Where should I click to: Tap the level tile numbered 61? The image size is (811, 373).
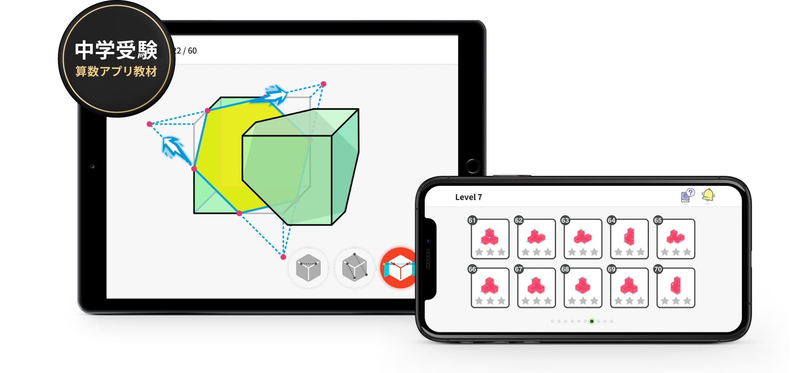pos(490,239)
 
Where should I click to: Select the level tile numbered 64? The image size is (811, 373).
pos(629,239)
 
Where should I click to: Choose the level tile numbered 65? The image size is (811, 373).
pos(676,239)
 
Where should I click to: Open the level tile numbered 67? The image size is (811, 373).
pos(536,287)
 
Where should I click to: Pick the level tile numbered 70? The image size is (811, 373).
pos(676,287)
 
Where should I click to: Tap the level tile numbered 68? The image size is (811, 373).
pos(583,287)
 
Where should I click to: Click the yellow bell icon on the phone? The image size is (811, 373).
pos(708,195)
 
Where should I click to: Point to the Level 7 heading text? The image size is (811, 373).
pos(468,197)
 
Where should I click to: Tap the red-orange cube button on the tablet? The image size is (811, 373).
pos(399,268)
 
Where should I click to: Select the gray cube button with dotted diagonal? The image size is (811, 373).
pos(354,268)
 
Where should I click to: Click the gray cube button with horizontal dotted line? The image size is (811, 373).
pos(308,268)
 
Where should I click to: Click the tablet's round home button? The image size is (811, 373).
pos(472,166)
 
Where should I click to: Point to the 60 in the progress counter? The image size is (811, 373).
pos(192,51)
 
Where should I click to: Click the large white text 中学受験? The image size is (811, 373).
pos(116,50)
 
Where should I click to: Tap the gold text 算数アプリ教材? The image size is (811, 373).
pos(116,71)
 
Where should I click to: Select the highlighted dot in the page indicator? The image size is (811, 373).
pos(592,321)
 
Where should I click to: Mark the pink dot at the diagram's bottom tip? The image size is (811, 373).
pos(283,257)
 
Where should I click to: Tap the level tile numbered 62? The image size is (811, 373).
pos(536,239)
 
